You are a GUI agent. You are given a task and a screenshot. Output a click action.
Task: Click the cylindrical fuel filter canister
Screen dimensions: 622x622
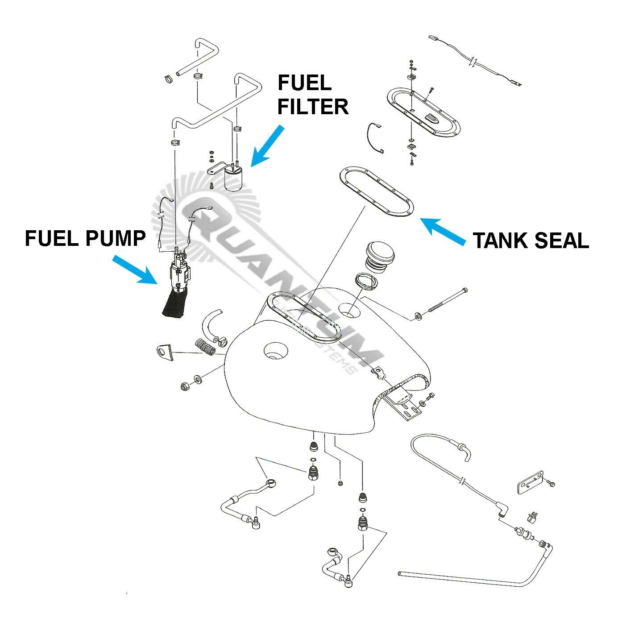[x=235, y=180]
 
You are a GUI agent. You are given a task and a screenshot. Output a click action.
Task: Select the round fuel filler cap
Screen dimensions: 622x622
[x=380, y=256]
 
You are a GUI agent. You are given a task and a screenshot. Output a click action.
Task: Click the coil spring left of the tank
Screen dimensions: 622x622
[x=206, y=346]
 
